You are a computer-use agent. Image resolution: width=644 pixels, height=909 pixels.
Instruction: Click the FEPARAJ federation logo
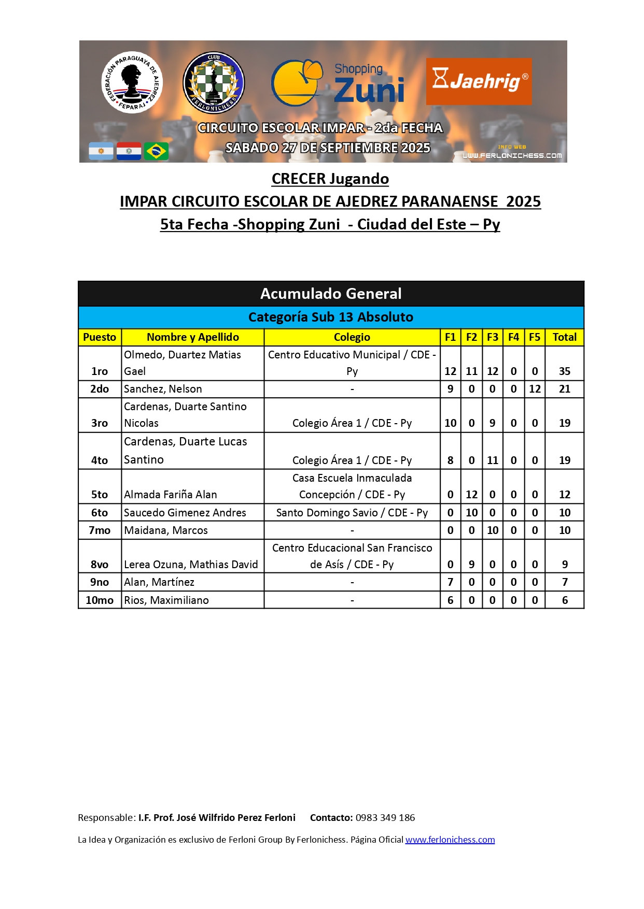point(132,82)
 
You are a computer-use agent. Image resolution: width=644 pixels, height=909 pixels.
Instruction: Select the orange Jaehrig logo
point(479,81)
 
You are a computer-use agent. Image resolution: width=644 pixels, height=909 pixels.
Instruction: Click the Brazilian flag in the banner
point(156,151)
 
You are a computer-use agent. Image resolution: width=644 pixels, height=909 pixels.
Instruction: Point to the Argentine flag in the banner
point(101,151)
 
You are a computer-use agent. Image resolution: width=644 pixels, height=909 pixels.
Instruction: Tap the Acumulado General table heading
point(331,294)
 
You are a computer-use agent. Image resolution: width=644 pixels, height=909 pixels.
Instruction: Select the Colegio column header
point(352,337)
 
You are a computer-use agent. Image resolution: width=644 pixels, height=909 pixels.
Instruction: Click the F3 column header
point(493,337)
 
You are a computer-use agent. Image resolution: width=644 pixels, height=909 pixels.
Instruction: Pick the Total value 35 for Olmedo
point(565,371)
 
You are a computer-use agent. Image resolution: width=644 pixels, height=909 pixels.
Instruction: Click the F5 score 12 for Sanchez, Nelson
point(535,389)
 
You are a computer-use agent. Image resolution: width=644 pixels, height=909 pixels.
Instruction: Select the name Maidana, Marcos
point(166,530)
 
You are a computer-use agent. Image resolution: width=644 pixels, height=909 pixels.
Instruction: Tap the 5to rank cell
point(100,495)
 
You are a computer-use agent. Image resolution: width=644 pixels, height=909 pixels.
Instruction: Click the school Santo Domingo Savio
point(352,513)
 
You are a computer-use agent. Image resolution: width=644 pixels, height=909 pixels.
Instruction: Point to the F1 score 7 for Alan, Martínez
point(450,582)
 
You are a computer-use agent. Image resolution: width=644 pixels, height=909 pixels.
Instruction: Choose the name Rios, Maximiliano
point(166,600)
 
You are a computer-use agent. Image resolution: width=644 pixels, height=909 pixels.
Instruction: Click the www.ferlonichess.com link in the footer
point(450,840)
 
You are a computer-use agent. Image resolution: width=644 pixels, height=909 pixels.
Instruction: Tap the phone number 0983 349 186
point(385,818)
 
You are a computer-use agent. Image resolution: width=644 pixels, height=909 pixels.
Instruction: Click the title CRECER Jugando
point(330,179)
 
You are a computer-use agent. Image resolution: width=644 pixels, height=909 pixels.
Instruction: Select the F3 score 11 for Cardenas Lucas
point(493,460)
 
